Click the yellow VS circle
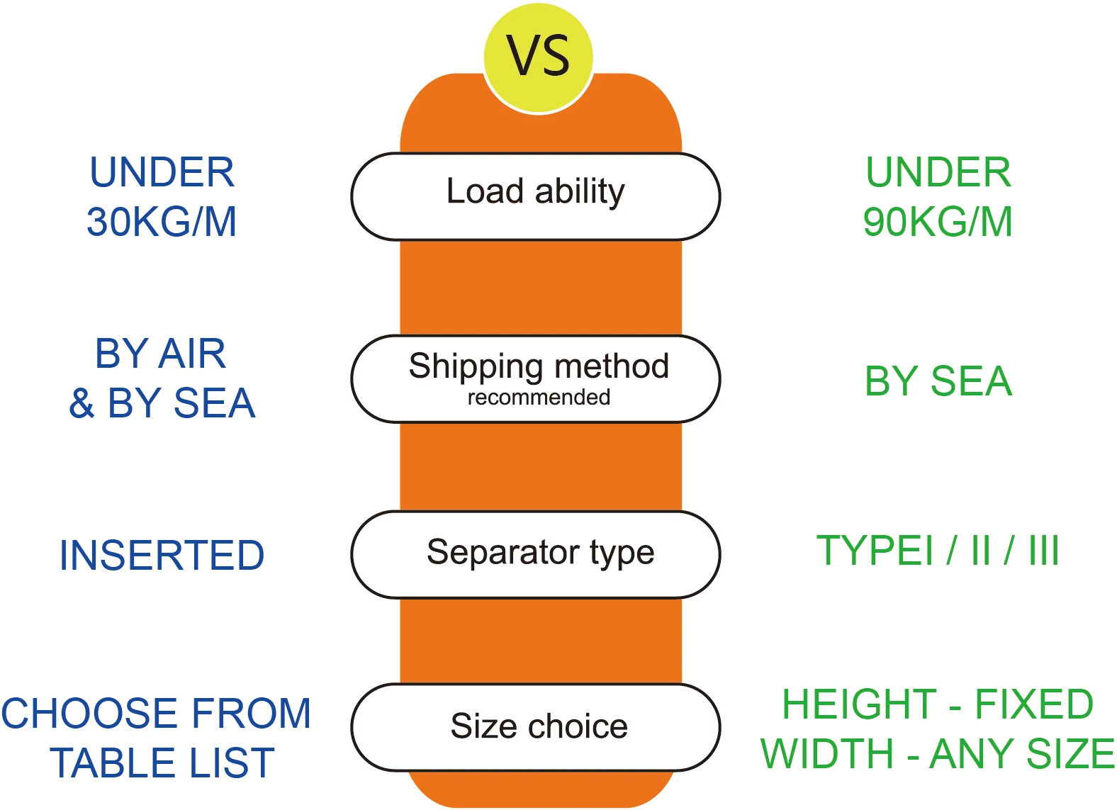pyautogui.click(x=539, y=57)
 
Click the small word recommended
pyautogui.click(x=539, y=398)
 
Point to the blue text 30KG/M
pyautogui.click(x=162, y=222)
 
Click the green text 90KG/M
pyautogui.click(x=938, y=222)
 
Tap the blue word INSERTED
pyautogui.click(x=162, y=555)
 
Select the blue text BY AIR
pyautogui.click(x=161, y=354)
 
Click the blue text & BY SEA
pyautogui.click(x=162, y=403)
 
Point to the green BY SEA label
pyautogui.click(x=938, y=381)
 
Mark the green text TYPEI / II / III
pyautogui.click(x=938, y=551)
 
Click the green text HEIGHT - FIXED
pyautogui.click(x=938, y=704)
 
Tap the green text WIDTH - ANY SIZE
pyautogui.click(x=938, y=754)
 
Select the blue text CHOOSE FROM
pyautogui.click(x=156, y=714)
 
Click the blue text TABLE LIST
pyautogui.click(x=162, y=763)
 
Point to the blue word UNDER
pyautogui.click(x=162, y=172)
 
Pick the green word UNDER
pyautogui.click(x=938, y=172)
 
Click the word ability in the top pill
pyautogui.click(x=580, y=191)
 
